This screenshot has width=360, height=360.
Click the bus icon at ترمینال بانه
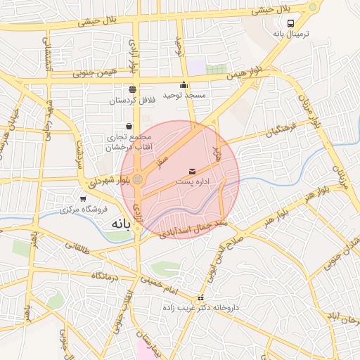291,22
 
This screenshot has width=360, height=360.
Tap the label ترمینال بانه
288,34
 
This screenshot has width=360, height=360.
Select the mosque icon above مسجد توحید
184,85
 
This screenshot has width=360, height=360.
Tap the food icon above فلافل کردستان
133,89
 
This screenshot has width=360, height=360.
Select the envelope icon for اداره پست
193,172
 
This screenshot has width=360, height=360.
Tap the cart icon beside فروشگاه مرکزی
84,198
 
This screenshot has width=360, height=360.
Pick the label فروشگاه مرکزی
83,209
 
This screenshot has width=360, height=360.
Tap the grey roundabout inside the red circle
139,180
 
